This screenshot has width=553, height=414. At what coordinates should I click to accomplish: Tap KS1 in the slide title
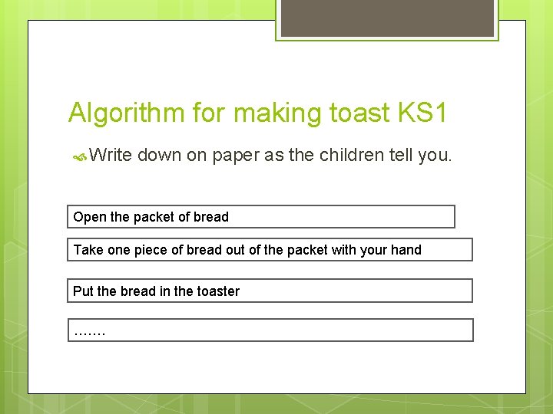[x=422, y=113]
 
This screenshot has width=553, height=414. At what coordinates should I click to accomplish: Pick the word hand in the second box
[x=407, y=250]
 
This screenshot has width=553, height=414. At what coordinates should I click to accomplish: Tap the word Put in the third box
[x=83, y=291]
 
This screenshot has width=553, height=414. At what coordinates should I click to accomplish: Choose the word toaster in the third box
[x=217, y=291]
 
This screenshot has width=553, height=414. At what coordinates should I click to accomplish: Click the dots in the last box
[x=90, y=333]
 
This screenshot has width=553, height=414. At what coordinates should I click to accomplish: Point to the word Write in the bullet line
[x=111, y=155]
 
